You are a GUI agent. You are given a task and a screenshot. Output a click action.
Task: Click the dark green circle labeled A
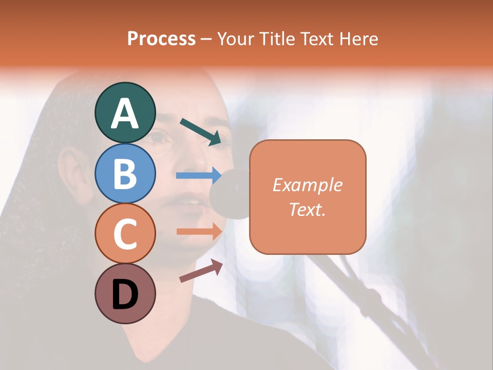[125, 113]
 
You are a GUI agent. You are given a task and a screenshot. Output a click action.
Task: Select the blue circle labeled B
[125, 173]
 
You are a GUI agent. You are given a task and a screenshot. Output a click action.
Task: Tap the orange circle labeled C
[125, 233]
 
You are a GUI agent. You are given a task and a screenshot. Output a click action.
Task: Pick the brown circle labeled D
[125, 293]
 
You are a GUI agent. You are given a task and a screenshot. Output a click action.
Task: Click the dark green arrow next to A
[201, 131]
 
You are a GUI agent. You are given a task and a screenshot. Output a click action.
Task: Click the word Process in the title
[161, 39]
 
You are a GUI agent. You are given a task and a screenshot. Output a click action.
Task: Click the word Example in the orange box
[307, 185]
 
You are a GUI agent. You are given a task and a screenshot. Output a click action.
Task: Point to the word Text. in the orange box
[307, 209]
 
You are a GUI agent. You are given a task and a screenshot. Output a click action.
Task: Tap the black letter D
[125, 295]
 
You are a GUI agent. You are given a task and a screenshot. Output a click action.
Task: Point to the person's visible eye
[159, 137]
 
